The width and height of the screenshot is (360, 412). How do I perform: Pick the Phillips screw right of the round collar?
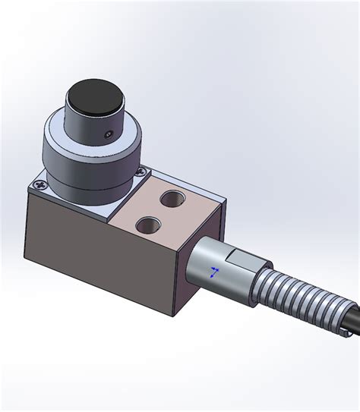[141, 173]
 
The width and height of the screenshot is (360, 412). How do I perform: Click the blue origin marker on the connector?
[215, 272]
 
